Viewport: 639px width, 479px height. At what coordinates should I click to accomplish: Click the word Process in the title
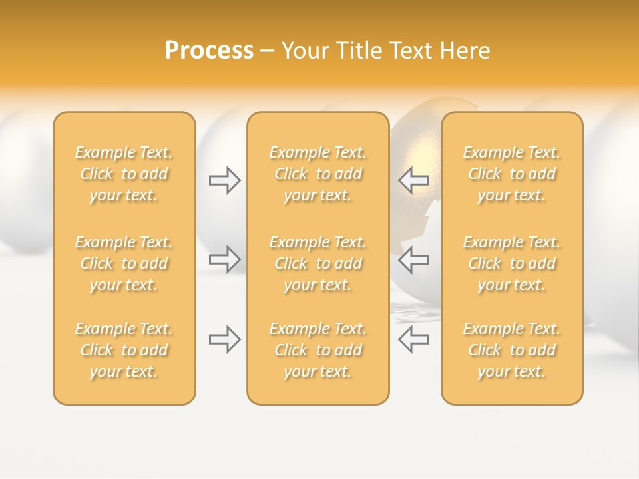[x=209, y=51]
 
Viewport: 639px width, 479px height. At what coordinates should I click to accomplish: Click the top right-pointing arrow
[x=225, y=180]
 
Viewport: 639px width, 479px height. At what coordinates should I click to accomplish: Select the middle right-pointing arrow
[x=225, y=259]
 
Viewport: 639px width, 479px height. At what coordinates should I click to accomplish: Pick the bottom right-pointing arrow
[x=225, y=339]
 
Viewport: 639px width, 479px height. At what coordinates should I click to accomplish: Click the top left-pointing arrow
[x=413, y=180]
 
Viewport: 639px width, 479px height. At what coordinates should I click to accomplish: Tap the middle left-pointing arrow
[x=413, y=259]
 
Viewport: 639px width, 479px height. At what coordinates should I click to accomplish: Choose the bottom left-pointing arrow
[x=413, y=339]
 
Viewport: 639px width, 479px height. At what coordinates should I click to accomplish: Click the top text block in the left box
[x=124, y=174]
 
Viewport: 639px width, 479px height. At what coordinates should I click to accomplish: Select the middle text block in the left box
[x=124, y=263]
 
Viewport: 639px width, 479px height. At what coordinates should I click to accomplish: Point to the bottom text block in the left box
[x=124, y=350]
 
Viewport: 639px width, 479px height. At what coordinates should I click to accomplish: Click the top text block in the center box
[x=318, y=174]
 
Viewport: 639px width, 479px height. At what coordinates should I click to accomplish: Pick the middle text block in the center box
[x=318, y=263]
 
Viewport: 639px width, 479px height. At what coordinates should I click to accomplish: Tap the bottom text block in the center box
[x=318, y=350]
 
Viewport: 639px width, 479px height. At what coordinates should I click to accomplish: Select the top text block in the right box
[x=511, y=174]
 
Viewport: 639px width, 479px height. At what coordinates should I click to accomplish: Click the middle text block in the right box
[x=511, y=263]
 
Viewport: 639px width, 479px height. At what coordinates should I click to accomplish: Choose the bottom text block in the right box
[x=511, y=350]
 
